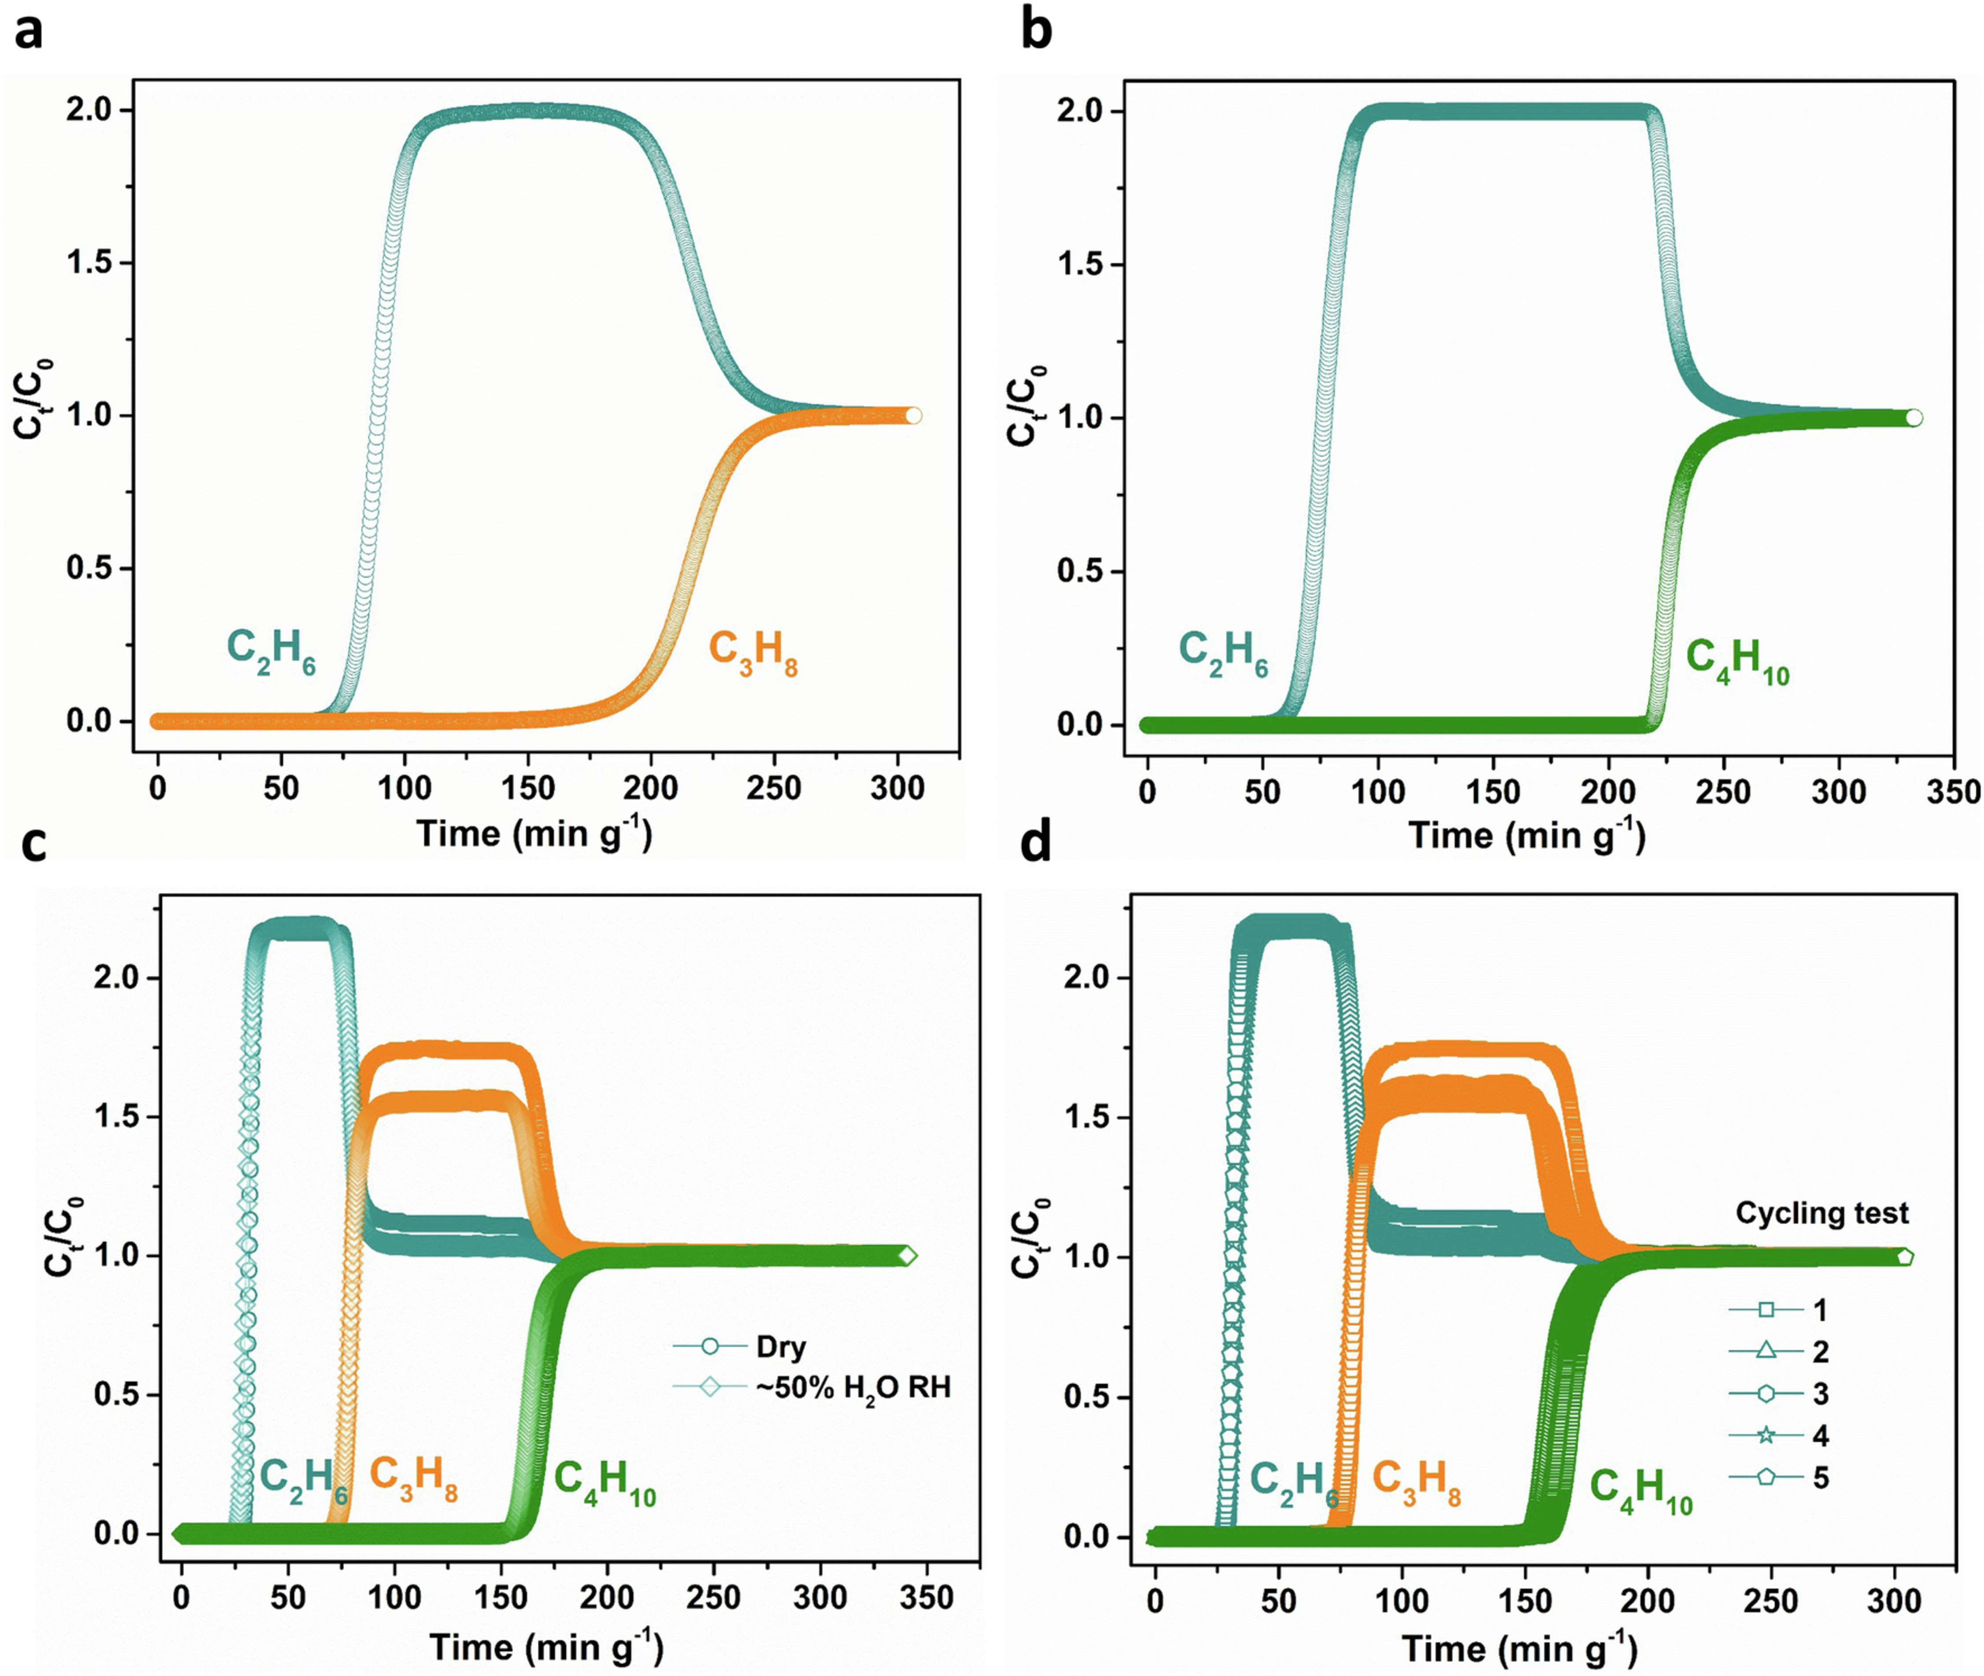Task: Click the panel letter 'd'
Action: pos(1036,842)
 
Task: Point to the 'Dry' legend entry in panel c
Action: pos(781,1347)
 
